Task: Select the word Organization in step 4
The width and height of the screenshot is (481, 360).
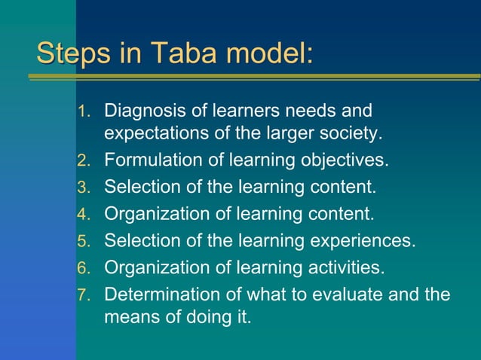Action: click(x=158, y=214)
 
